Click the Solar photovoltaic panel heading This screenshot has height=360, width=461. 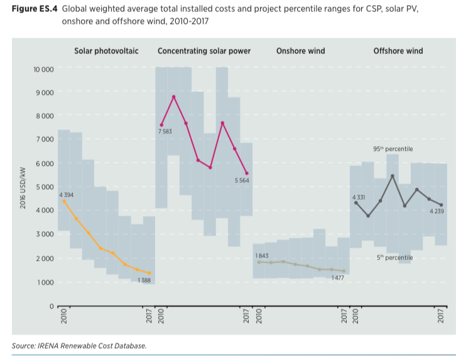point(106,51)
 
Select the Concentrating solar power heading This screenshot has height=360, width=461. point(204,51)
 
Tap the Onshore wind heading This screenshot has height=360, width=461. point(300,51)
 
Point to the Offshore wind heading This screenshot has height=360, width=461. point(398,51)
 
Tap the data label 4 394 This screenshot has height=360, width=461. point(67,195)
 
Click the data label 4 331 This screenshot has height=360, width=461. point(358,197)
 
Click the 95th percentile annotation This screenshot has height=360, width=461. point(393,149)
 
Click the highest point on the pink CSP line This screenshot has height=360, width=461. point(174,97)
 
